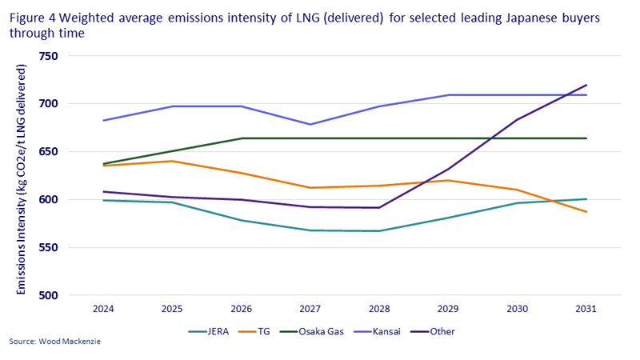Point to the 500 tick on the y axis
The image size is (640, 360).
[x=50, y=295]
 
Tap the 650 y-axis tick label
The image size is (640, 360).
[x=50, y=152]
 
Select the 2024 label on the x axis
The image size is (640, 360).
[x=103, y=308]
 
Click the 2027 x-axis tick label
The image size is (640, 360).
[x=310, y=308]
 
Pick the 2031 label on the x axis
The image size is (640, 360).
[x=586, y=308]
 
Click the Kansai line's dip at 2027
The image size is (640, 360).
[x=310, y=124]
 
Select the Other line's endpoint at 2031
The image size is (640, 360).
[x=586, y=85]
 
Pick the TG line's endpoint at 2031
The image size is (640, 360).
[x=586, y=212]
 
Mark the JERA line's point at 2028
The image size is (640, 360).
[x=379, y=230]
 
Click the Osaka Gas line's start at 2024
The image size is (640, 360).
[x=103, y=164]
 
